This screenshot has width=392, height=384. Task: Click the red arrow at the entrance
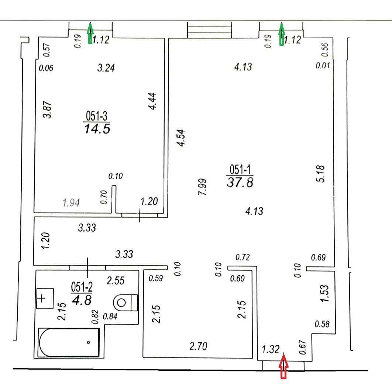coord(283,367)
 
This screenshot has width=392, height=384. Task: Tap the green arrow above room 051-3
coord(90,33)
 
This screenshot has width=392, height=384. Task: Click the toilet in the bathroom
coord(125,302)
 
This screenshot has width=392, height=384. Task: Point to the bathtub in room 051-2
coord(69,343)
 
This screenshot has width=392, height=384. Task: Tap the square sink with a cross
coord(45,298)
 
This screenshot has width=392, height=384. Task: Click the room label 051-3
coord(96,116)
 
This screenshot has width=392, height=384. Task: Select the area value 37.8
coord(240,182)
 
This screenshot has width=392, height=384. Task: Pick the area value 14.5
coord(97,129)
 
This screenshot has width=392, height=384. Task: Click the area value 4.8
coord(82,300)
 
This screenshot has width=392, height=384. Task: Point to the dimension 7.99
coord(202,187)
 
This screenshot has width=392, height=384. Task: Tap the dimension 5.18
coord(320,173)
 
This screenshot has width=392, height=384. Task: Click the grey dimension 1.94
coord(71,203)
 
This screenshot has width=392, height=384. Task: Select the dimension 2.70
coord(198,346)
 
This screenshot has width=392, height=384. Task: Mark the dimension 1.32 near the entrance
coord(271,349)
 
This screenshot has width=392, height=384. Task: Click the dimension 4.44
coord(152,101)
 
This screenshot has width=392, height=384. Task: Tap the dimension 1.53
coord(324,293)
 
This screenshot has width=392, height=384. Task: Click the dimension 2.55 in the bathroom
coord(116,281)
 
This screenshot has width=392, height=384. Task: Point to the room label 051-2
coord(82,287)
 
